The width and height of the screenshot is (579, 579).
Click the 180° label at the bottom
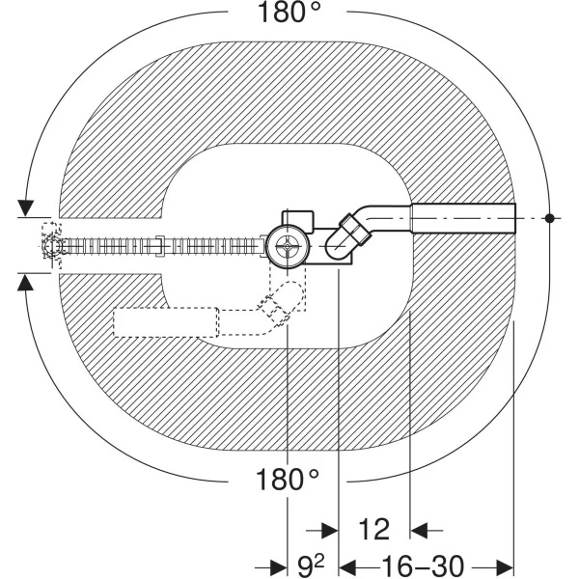(x=288, y=480)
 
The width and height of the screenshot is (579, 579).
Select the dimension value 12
(x=373, y=529)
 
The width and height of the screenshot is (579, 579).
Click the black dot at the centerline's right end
(x=548, y=218)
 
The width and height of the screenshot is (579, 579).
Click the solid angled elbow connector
(x=347, y=234)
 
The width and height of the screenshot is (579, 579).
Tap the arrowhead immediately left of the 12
(x=329, y=530)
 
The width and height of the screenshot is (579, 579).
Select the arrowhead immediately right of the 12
(x=421, y=530)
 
